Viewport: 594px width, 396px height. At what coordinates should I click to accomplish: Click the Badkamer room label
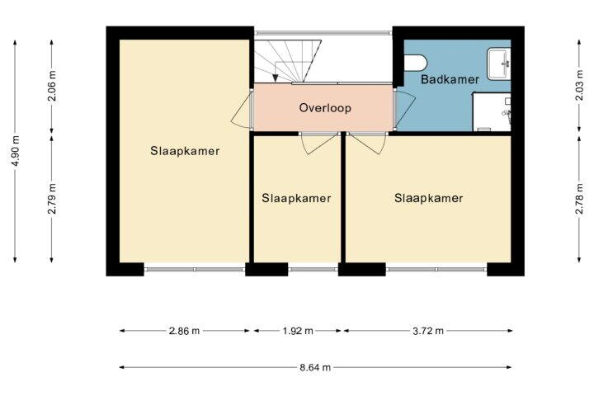click(450, 79)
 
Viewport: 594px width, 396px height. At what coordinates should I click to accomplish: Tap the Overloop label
click(325, 108)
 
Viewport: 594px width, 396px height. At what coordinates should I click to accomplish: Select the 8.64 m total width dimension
click(315, 367)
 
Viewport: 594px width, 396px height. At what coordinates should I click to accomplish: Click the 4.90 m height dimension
click(15, 151)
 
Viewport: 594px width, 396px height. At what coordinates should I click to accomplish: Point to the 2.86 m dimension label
click(184, 331)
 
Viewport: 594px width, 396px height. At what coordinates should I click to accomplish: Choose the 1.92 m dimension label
click(298, 331)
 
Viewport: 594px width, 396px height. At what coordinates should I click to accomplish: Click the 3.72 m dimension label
click(427, 331)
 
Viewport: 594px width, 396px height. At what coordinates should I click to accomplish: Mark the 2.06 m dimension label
click(52, 86)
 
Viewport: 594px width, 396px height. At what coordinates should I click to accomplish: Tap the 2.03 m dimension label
click(579, 85)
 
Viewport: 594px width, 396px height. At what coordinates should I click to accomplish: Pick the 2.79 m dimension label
click(52, 199)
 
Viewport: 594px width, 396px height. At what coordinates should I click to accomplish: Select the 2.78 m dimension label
click(579, 199)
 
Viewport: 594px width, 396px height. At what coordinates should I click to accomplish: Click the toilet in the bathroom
click(416, 63)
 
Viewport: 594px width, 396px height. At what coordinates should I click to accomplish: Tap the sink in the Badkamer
click(498, 64)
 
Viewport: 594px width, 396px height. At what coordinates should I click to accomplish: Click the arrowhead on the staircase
click(276, 78)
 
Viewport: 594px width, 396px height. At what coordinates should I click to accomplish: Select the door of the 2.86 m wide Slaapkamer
click(241, 111)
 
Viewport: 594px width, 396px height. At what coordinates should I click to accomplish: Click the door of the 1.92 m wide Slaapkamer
click(318, 144)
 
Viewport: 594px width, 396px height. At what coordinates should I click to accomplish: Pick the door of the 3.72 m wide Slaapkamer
click(367, 144)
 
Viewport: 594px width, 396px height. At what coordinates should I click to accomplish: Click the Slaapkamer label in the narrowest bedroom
click(296, 198)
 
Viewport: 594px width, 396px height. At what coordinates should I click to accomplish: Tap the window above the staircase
click(323, 33)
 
